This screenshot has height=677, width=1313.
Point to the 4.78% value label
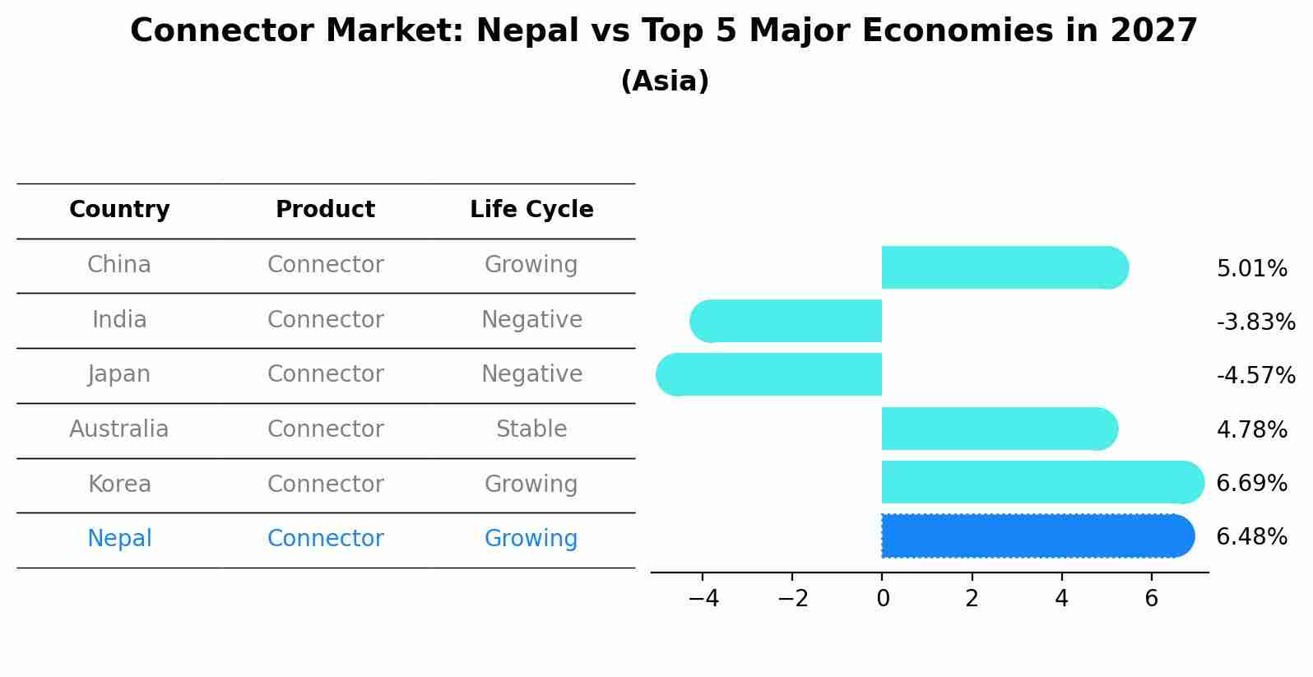[x=1251, y=429]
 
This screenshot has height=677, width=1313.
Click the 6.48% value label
[x=1251, y=537]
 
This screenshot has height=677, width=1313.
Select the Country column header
[x=119, y=210]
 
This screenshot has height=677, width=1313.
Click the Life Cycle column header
[x=531, y=210]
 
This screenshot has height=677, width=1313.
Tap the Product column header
[x=325, y=210]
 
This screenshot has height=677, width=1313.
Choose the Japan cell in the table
[x=119, y=374]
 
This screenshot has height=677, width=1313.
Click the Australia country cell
[x=119, y=429]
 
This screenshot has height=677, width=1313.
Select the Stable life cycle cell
[x=531, y=429]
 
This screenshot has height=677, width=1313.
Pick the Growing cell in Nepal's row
[x=531, y=539]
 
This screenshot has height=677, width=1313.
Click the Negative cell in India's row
[x=531, y=320]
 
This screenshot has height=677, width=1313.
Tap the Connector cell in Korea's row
[x=325, y=484]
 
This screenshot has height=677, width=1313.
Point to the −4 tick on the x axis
[x=703, y=599]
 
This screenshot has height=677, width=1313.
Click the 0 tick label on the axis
[x=883, y=599]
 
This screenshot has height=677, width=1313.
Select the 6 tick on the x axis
[x=1151, y=599]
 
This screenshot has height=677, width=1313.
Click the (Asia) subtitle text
[x=665, y=81]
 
